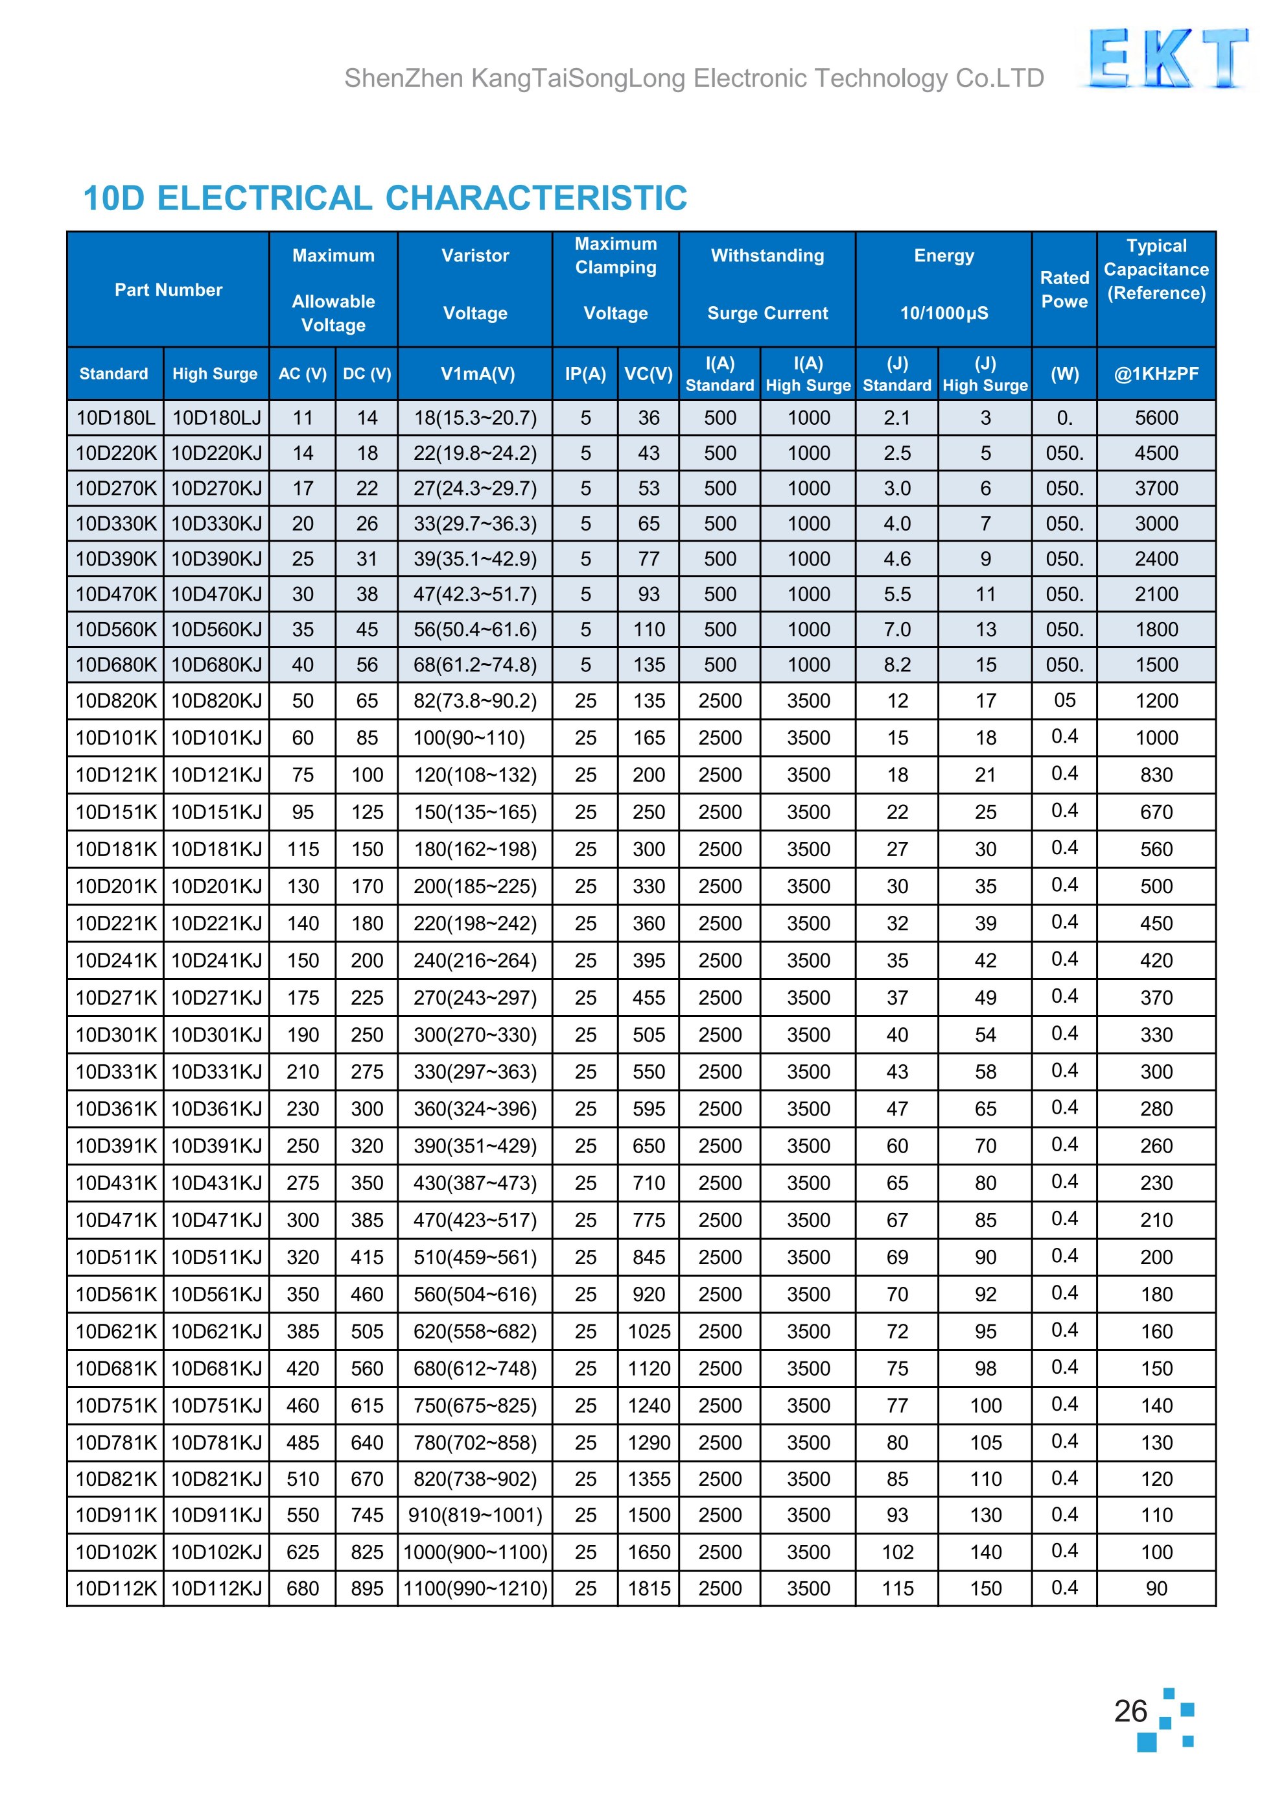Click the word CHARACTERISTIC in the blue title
(536, 198)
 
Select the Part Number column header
(168, 290)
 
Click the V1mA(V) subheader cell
(478, 374)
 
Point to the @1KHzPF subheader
(1156, 374)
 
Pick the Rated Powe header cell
(1064, 289)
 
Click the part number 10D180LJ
(216, 418)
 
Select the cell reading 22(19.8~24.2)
(475, 453)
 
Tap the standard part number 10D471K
(115, 1220)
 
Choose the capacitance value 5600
(1156, 418)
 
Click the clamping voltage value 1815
(649, 1588)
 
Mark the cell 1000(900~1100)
(475, 1552)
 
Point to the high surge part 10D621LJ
(216, 1332)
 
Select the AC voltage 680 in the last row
(303, 1588)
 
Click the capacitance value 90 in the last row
(1156, 1588)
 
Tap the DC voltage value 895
(367, 1588)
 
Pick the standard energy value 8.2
(897, 665)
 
